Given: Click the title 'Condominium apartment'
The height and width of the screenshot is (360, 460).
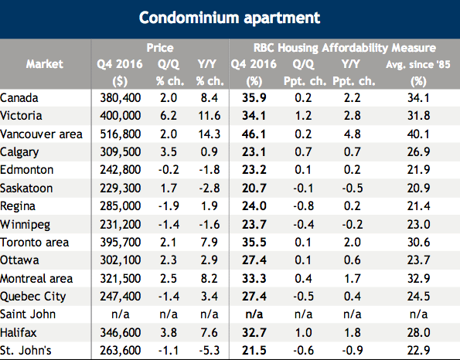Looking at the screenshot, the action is (230, 18).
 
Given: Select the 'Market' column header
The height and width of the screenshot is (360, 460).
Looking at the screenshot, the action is (45, 64).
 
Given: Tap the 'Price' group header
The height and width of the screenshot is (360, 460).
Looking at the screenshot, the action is (160, 47).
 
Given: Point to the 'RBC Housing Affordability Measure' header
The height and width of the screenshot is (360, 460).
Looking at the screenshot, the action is (345, 48).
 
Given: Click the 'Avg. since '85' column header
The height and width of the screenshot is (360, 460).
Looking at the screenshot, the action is (418, 64).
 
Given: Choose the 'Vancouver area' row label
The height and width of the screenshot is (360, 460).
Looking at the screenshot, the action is (42, 134).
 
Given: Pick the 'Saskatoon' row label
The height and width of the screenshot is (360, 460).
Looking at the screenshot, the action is (26, 188).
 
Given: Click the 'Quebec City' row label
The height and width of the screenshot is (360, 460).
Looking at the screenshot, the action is (32, 297).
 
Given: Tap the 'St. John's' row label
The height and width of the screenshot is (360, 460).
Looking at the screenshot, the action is (26, 350).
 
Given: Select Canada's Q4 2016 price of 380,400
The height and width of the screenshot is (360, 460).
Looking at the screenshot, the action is (121, 98).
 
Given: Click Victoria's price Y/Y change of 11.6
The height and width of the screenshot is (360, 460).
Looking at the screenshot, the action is (210, 116).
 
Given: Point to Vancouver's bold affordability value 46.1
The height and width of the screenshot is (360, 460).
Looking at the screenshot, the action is (254, 134).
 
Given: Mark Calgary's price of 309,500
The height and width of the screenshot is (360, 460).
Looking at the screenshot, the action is (121, 152).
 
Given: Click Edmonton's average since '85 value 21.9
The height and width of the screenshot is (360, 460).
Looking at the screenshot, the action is (418, 170).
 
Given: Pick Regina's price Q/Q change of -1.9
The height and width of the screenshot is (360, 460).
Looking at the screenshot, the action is (169, 206).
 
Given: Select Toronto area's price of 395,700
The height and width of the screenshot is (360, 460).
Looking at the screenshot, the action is (121, 243).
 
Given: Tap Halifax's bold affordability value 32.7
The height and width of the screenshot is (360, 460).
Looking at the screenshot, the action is (254, 333).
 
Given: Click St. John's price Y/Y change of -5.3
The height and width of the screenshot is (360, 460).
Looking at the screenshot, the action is (210, 350).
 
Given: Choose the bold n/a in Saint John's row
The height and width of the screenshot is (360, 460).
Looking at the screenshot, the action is (254, 314).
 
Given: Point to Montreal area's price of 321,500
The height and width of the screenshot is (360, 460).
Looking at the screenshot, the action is (121, 279).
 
